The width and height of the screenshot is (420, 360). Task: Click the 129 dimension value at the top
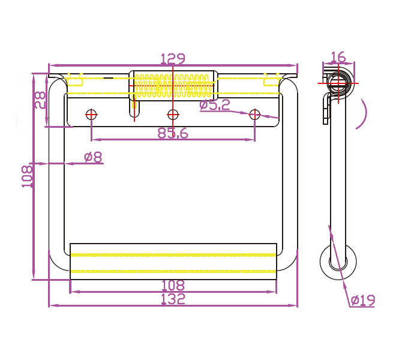(x=173, y=59)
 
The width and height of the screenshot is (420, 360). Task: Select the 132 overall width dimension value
(x=173, y=299)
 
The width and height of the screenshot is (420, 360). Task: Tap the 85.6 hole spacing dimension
(x=173, y=134)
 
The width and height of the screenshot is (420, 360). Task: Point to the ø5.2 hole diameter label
(x=215, y=105)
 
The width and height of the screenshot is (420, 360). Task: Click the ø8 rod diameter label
(x=93, y=157)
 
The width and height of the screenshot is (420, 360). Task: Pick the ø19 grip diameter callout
(x=363, y=300)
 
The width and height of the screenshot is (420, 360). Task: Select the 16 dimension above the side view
(x=338, y=57)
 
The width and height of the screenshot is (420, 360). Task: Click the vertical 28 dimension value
(x=40, y=100)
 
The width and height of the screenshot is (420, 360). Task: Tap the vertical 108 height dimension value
(x=27, y=177)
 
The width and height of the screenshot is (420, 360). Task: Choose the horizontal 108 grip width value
(x=173, y=286)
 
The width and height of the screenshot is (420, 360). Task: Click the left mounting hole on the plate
(x=91, y=114)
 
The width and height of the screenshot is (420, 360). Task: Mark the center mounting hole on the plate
(x=173, y=114)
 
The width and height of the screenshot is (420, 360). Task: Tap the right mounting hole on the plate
(x=255, y=114)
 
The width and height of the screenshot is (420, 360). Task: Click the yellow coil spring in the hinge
(x=173, y=85)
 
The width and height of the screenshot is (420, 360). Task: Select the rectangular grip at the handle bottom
(x=173, y=261)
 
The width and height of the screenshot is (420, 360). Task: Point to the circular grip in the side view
(x=338, y=262)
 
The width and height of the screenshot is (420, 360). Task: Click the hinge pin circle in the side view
(x=340, y=82)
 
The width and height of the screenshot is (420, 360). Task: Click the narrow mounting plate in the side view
(x=326, y=111)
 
